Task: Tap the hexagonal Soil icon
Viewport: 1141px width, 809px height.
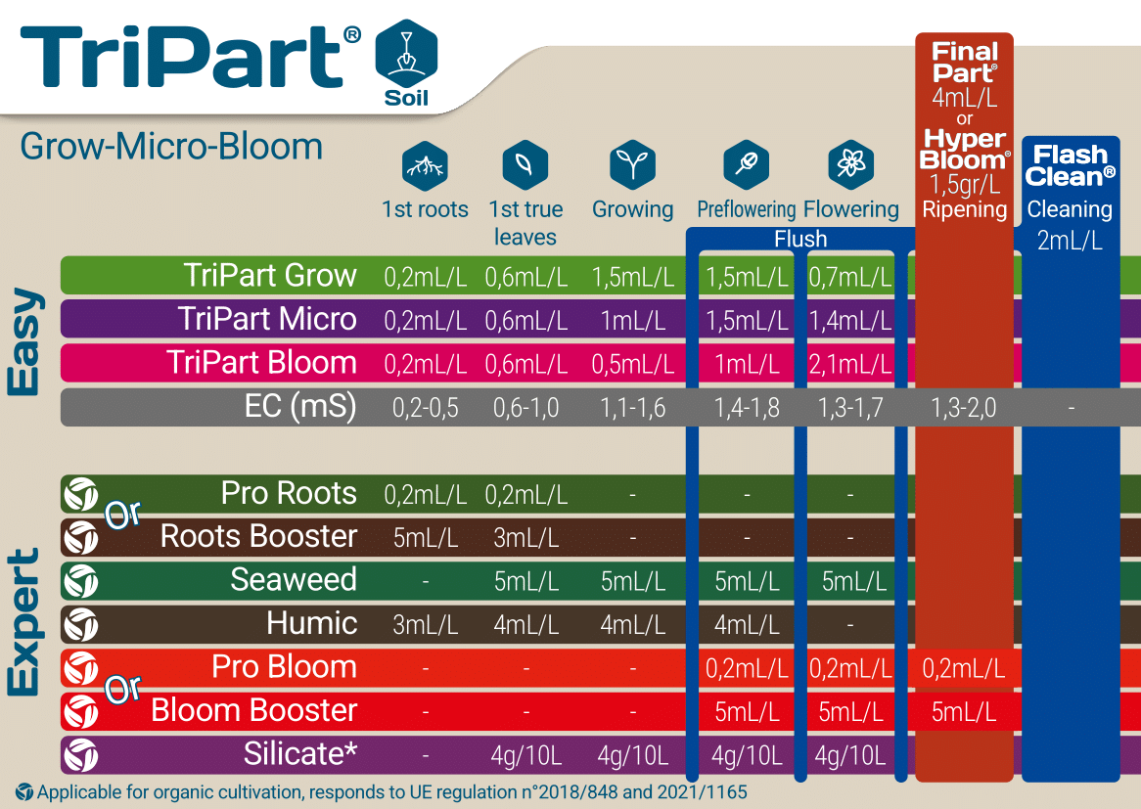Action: pyautogui.click(x=406, y=64)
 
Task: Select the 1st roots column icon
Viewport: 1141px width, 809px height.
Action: pyautogui.click(x=425, y=165)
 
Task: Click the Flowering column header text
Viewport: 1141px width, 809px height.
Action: pyautogui.click(x=850, y=209)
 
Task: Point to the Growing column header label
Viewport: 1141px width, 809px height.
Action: pyautogui.click(x=632, y=209)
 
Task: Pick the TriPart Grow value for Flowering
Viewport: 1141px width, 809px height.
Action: pyautogui.click(x=850, y=277)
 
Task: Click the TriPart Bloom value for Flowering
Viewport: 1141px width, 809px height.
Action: pyautogui.click(x=850, y=364)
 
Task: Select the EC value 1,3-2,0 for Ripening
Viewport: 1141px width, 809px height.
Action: pyautogui.click(x=964, y=407)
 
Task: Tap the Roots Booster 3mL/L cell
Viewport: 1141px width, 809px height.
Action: pyautogui.click(x=526, y=538)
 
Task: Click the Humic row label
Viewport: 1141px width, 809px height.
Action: pyautogui.click(x=311, y=623)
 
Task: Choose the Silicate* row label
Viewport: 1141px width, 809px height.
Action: pyautogui.click(x=299, y=753)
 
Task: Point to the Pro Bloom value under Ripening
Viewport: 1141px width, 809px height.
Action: pyautogui.click(x=964, y=668)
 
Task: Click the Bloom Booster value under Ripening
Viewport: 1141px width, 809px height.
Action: pyautogui.click(x=964, y=712)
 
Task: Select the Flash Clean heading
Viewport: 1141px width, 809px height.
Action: pyautogui.click(x=1071, y=166)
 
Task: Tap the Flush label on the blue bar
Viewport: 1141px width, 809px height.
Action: pyautogui.click(x=800, y=239)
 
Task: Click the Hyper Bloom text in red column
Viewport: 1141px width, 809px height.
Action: pyautogui.click(x=964, y=149)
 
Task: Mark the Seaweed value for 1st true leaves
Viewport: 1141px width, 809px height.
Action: pyautogui.click(x=526, y=581)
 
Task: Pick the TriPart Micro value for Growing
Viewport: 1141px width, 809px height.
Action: pyautogui.click(x=632, y=321)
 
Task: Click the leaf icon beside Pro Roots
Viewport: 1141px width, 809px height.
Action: pyautogui.click(x=81, y=494)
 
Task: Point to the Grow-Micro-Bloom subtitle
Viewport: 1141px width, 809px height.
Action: pyautogui.click(x=171, y=147)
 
